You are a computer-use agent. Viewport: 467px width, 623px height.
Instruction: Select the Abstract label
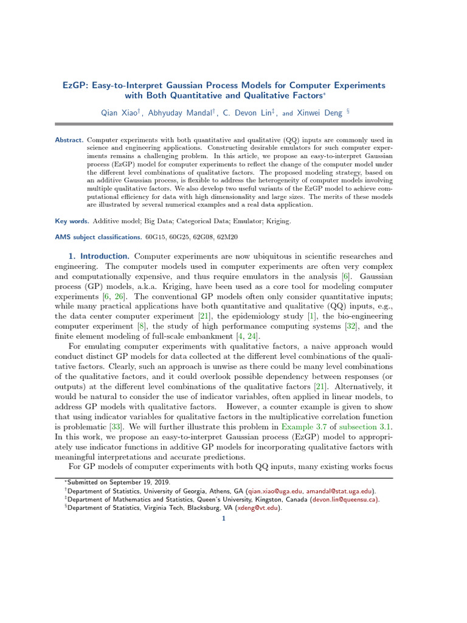(69, 141)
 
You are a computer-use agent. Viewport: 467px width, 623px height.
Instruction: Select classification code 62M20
(245, 237)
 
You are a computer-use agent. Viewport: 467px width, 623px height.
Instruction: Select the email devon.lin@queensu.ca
(345, 499)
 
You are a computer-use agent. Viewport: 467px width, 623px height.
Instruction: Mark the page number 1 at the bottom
(224, 518)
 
